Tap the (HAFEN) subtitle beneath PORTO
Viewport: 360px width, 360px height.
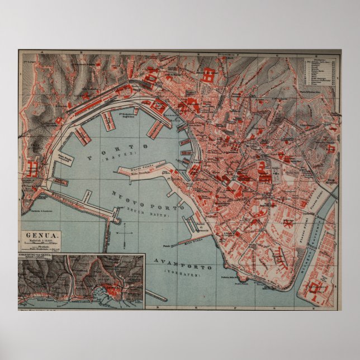coord(115,159)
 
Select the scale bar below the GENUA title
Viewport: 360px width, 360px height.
coord(42,247)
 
